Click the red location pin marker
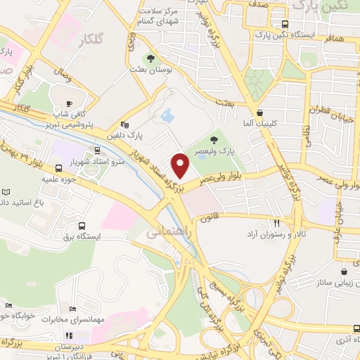181,165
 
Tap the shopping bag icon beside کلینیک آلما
260,112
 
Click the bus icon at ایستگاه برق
83,226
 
